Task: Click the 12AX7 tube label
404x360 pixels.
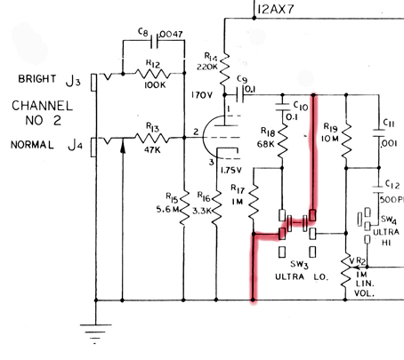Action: pos(276,9)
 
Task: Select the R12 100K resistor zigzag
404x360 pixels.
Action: pos(153,74)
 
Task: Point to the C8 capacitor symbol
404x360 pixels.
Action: pos(155,41)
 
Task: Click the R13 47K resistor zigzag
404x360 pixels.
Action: pos(152,138)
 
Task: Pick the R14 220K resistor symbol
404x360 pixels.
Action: pos(224,68)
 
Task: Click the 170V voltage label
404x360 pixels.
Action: pos(202,95)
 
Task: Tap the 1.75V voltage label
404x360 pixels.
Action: pos(231,170)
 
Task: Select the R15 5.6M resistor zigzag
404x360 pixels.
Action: pos(184,208)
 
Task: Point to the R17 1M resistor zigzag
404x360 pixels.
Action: pos(254,202)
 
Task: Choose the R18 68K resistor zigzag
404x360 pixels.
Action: pos(282,140)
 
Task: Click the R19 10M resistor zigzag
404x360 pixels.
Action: pos(346,140)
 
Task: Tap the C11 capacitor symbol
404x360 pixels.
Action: pos(379,133)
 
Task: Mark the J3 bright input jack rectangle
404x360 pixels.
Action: pos(93,82)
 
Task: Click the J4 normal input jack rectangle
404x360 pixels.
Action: pos(93,147)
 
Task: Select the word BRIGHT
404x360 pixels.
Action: pos(37,79)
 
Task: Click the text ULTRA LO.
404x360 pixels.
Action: pos(302,277)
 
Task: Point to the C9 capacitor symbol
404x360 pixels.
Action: pos(240,94)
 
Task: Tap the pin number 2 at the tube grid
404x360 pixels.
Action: pos(196,132)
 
